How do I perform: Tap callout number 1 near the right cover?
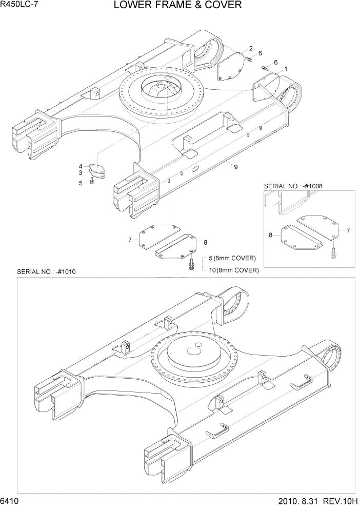(285, 68)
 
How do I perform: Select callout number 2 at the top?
(251, 48)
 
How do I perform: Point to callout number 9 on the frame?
(235, 167)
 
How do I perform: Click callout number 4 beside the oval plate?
(81, 166)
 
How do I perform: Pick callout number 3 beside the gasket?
(81, 173)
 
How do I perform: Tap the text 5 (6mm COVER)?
(231, 258)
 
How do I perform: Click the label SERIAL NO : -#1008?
(293, 186)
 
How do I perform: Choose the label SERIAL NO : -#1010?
(46, 271)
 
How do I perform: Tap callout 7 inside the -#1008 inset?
(348, 231)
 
